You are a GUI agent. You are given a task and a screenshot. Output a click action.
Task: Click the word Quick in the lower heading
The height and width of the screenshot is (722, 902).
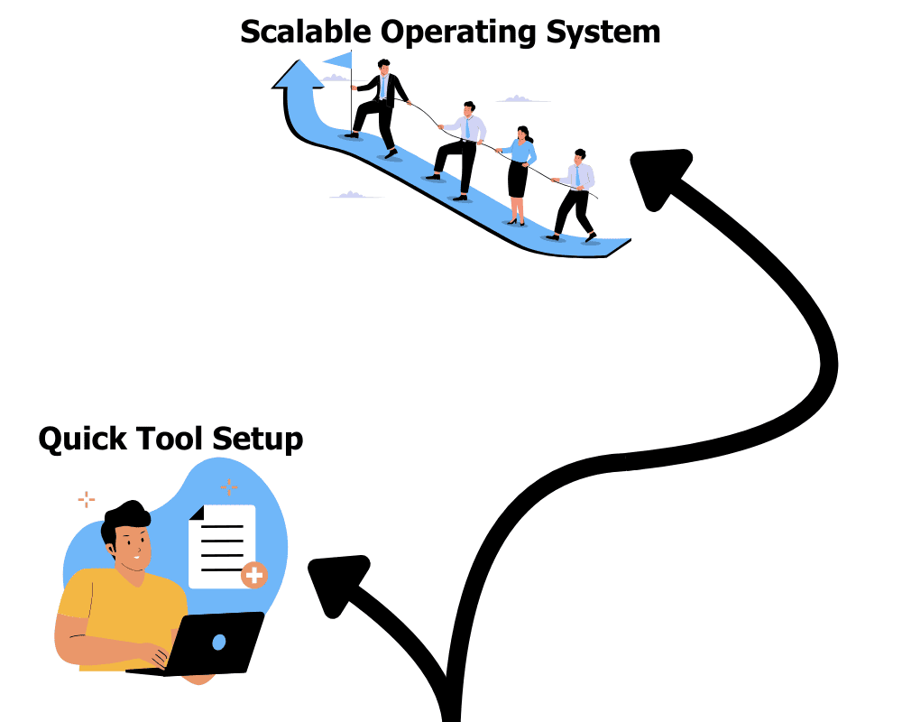point(83,440)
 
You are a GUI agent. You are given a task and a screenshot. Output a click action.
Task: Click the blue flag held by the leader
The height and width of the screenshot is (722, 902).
point(338,60)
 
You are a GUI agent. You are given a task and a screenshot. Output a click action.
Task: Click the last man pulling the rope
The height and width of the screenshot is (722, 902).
point(575,194)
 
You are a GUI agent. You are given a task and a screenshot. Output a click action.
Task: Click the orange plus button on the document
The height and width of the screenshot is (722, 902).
point(254,574)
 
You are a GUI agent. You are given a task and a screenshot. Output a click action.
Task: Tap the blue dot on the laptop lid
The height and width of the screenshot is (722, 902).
point(219,642)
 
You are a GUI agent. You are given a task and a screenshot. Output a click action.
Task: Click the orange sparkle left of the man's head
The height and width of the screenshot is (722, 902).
point(87,498)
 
